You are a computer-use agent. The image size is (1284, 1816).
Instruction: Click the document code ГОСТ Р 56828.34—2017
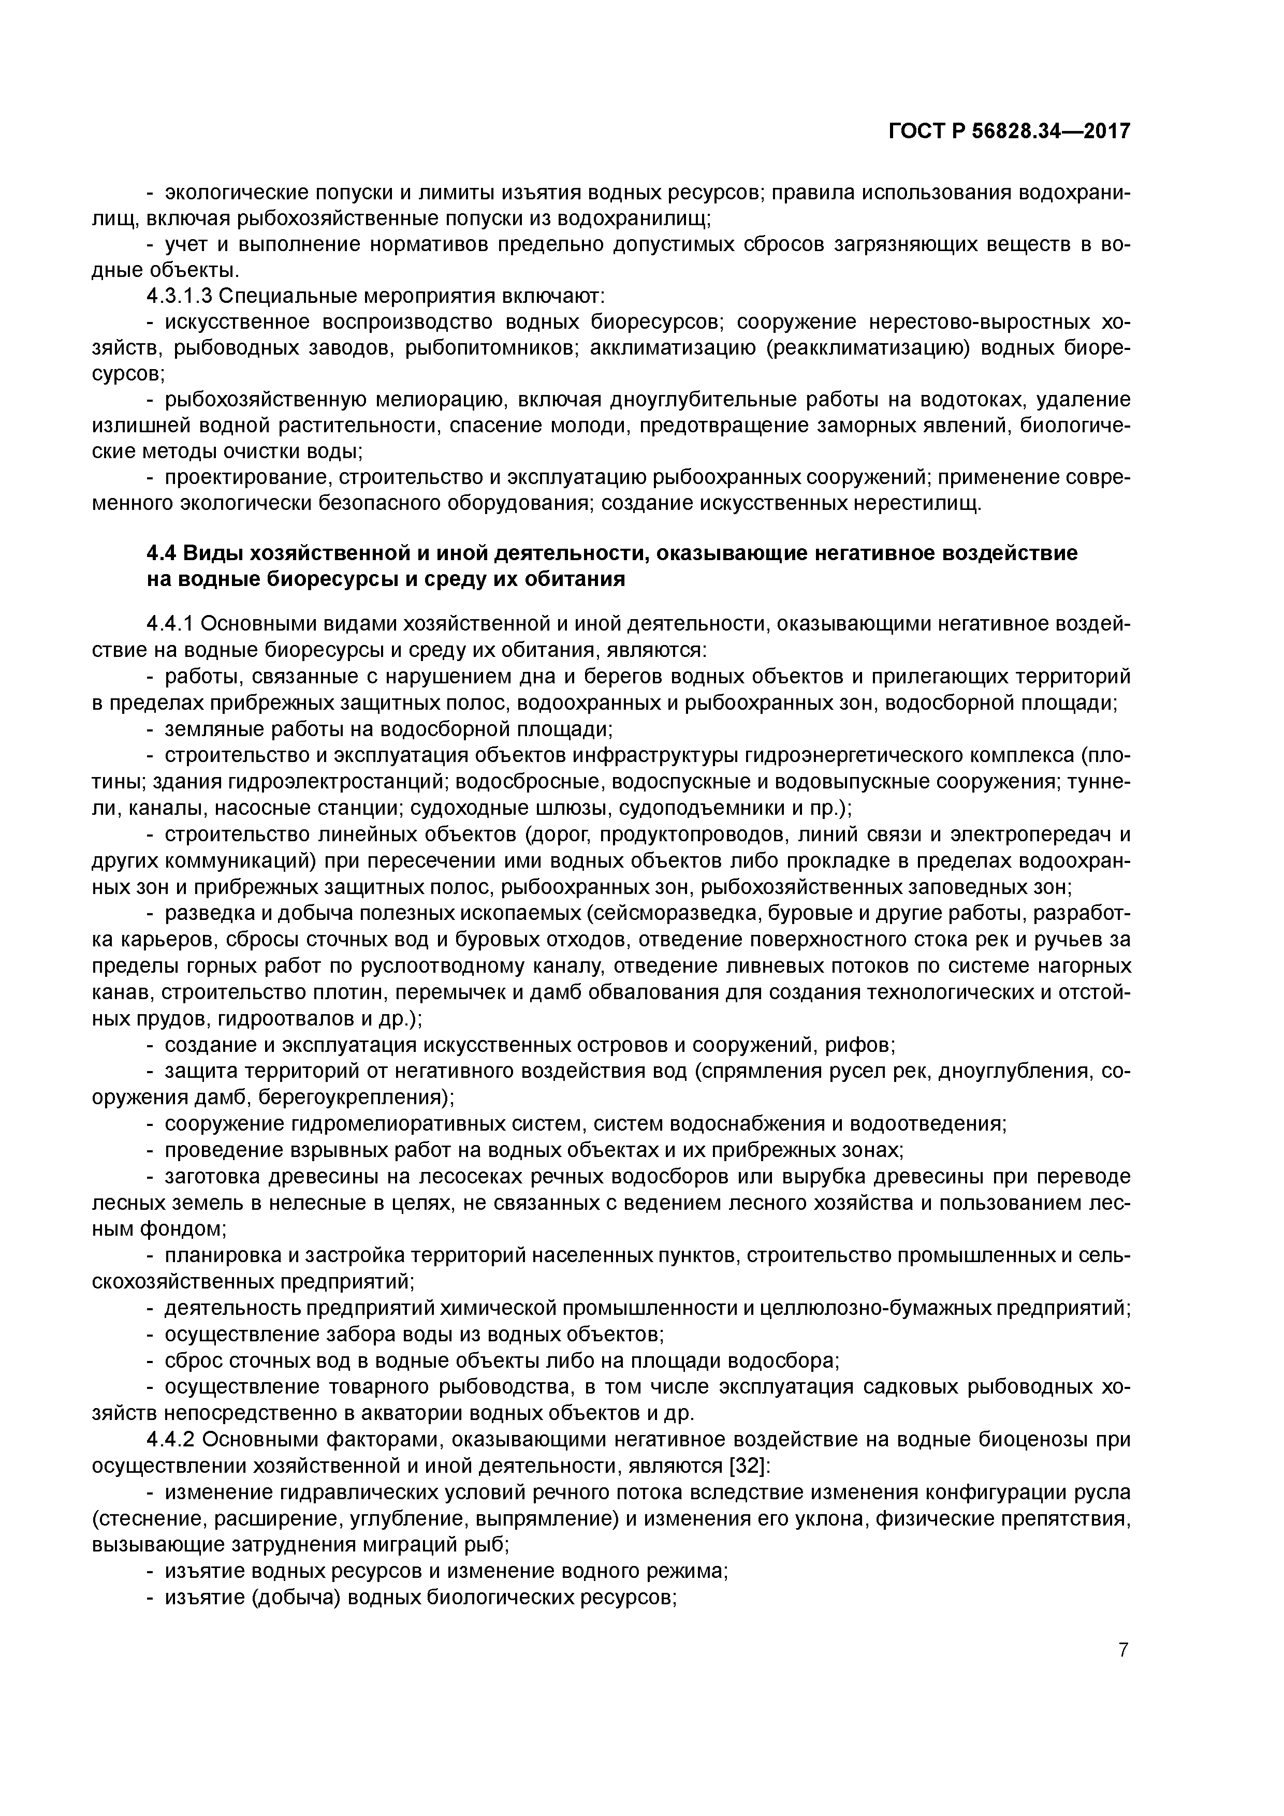click(1009, 131)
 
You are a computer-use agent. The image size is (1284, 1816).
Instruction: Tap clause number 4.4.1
click(170, 624)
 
